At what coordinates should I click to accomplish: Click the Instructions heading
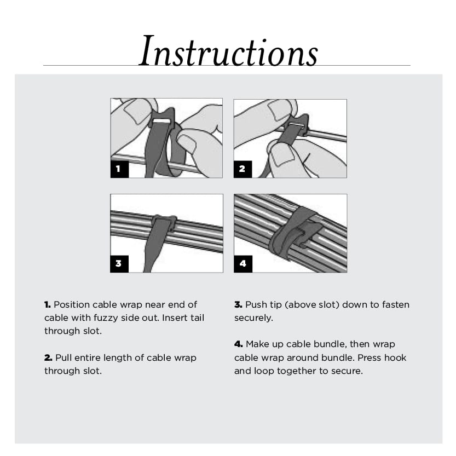(229, 51)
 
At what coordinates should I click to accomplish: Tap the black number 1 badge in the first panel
(119, 169)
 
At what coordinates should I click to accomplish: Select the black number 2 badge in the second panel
(243, 169)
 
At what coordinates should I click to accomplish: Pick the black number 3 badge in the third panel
(119, 264)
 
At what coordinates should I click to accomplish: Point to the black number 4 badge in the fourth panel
(243, 264)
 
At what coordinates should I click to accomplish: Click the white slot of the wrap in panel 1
(163, 120)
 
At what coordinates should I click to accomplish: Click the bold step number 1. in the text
(48, 305)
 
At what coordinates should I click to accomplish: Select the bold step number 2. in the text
(48, 357)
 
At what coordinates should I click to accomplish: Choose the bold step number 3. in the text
(238, 305)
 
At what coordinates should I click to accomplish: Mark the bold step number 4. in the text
(239, 344)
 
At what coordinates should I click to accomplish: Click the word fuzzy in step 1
(106, 318)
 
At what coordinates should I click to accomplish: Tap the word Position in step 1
(72, 305)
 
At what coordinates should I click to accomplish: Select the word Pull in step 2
(64, 357)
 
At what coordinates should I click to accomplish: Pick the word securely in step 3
(253, 318)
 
